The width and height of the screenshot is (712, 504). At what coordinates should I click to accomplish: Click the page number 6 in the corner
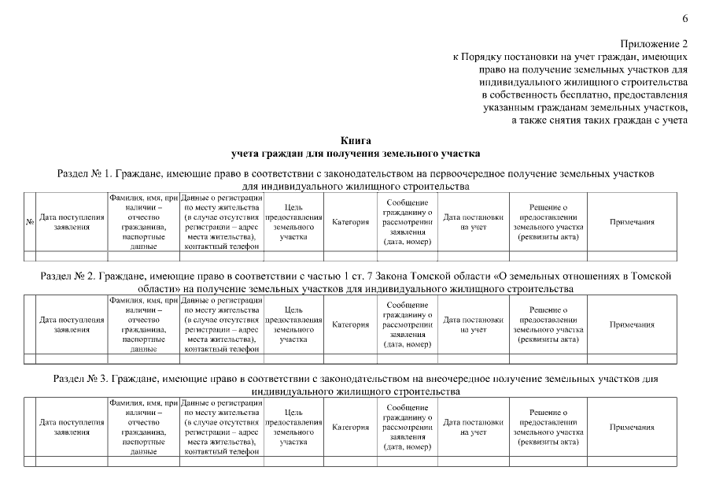684,18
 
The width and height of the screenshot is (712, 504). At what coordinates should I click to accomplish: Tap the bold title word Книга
356,139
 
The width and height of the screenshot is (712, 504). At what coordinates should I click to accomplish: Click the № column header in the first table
29,223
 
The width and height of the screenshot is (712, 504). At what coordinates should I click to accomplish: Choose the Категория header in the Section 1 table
350,223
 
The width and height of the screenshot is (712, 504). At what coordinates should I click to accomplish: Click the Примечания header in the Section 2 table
633,324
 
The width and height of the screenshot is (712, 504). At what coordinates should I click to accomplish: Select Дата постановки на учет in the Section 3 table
474,427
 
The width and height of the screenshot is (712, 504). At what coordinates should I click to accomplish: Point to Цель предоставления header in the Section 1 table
293,223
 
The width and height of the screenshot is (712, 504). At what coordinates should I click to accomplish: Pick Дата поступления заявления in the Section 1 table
72,223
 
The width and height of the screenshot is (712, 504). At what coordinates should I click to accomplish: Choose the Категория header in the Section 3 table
350,427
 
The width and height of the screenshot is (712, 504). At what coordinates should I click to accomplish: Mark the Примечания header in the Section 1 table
633,223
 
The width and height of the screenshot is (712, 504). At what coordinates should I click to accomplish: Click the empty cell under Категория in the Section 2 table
350,358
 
